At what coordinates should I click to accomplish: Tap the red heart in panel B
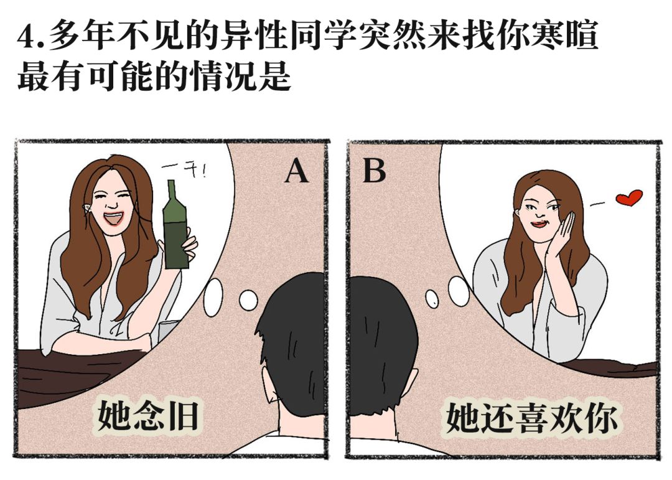(x=628, y=199)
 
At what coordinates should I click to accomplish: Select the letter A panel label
(x=296, y=171)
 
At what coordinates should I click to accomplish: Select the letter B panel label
(x=374, y=171)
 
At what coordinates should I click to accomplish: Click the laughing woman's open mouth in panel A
(x=114, y=219)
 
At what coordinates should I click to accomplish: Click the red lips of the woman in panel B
(x=537, y=222)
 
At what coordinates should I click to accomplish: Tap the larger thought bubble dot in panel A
(x=213, y=297)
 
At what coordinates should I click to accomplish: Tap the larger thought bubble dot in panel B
(x=459, y=291)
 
